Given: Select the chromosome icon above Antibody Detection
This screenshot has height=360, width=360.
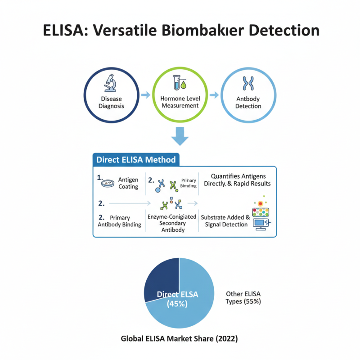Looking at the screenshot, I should click(x=247, y=84).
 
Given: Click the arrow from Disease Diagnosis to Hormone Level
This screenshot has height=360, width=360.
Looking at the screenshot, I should click(x=145, y=95).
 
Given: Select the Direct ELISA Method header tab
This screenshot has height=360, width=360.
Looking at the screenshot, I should click(x=136, y=159).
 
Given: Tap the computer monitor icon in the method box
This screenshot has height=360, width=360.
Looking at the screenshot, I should click(x=261, y=223).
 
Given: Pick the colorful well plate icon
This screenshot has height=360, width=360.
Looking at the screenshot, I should click(x=261, y=210).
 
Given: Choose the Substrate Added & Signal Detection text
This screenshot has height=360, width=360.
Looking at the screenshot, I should click(x=225, y=220).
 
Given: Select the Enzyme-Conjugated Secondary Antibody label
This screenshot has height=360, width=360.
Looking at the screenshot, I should click(x=172, y=223).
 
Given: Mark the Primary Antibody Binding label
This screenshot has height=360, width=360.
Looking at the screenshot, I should click(x=119, y=221).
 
